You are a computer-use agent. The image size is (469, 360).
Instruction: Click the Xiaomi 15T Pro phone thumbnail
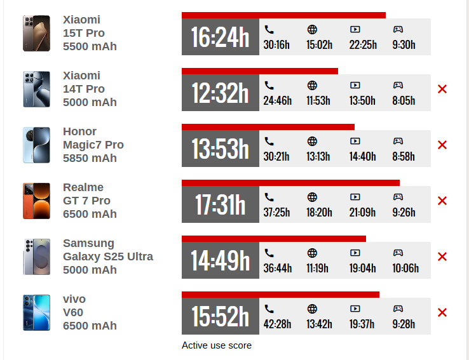(x=36, y=33)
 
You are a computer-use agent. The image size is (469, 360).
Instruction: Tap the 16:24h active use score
(x=220, y=37)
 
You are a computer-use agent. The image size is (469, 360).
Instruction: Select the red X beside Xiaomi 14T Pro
(x=442, y=89)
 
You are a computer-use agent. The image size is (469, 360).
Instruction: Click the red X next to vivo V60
(x=442, y=312)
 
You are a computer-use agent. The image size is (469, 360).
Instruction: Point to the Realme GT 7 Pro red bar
(x=290, y=183)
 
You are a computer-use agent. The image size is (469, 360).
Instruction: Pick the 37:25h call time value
(x=276, y=213)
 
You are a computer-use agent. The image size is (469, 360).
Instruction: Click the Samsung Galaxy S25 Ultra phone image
(x=36, y=257)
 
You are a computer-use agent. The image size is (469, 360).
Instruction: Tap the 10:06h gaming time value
(x=405, y=269)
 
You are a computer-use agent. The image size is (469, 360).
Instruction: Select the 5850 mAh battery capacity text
(x=90, y=158)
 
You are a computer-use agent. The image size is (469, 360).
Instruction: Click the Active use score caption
(x=217, y=345)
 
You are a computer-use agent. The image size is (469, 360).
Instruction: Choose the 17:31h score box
(x=220, y=205)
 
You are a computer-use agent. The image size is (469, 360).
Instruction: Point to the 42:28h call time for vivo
(x=277, y=324)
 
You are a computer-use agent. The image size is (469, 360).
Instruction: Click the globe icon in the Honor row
(x=312, y=141)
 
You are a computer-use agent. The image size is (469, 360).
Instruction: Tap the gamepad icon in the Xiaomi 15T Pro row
(x=398, y=29)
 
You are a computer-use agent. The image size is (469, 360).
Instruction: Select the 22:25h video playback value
(x=363, y=45)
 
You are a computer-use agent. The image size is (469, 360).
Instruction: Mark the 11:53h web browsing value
(x=318, y=101)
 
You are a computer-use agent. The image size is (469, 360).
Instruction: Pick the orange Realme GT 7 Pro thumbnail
(x=36, y=201)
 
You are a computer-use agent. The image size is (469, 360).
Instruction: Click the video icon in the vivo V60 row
(x=355, y=309)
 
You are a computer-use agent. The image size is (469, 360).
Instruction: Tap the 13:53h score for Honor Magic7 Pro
(x=220, y=149)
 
